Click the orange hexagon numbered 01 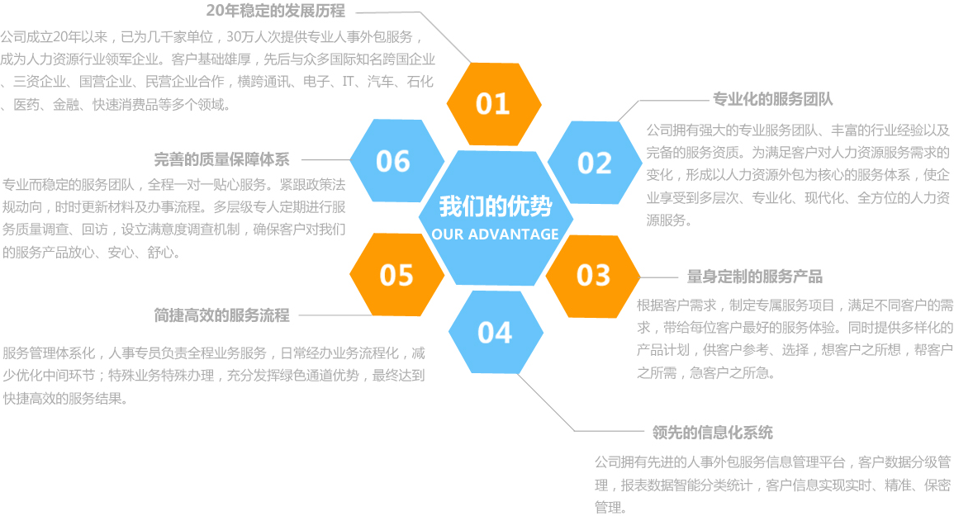tap(493, 103)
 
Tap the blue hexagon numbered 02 tap(594, 163)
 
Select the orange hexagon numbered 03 tap(593, 275)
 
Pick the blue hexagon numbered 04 tap(495, 332)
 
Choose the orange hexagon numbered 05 tap(396, 275)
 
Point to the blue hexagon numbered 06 tap(393, 160)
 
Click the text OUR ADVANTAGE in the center tap(495, 234)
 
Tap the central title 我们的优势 tap(495, 206)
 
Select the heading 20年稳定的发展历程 tap(275, 11)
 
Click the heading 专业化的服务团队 tap(772, 99)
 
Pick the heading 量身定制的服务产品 tap(755, 276)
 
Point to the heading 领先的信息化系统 tap(712, 432)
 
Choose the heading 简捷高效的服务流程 tap(221, 315)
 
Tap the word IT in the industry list tap(348, 82)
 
